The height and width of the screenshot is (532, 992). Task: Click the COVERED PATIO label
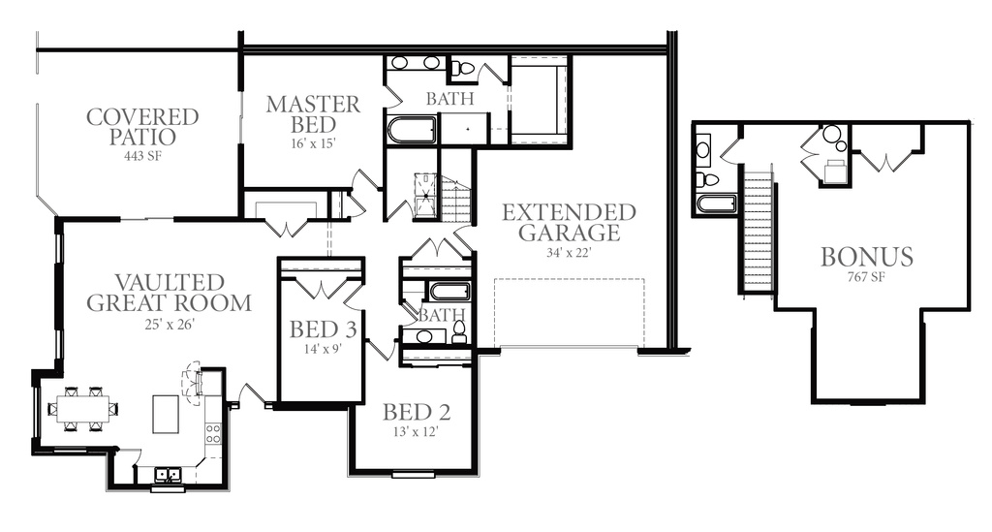(x=142, y=127)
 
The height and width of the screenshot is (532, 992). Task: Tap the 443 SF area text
(x=143, y=156)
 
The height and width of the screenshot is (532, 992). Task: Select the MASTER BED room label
(x=313, y=114)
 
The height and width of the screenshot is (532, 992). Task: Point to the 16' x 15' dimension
(x=313, y=143)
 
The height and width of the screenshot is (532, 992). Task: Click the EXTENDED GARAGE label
(x=569, y=223)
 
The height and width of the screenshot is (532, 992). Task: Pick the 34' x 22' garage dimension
(x=569, y=253)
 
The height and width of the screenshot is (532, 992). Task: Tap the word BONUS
(x=867, y=257)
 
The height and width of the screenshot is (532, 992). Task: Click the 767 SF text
(x=866, y=277)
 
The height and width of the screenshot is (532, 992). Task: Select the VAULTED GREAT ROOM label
(x=169, y=293)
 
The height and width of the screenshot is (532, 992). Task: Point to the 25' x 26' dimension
(x=169, y=325)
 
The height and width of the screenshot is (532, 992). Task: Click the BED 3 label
(x=323, y=329)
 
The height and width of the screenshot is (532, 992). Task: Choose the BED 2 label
(x=417, y=413)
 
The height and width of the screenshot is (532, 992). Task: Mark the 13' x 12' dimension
(x=417, y=433)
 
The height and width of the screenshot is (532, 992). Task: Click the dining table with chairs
(x=83, y=409)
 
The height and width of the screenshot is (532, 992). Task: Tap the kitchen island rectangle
(x=166, y=415)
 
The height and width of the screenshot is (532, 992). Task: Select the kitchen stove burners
(x=212, y=433)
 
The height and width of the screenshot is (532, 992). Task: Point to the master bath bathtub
(x=411, y=130)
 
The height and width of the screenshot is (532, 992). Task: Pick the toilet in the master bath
(x=464, y=69)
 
